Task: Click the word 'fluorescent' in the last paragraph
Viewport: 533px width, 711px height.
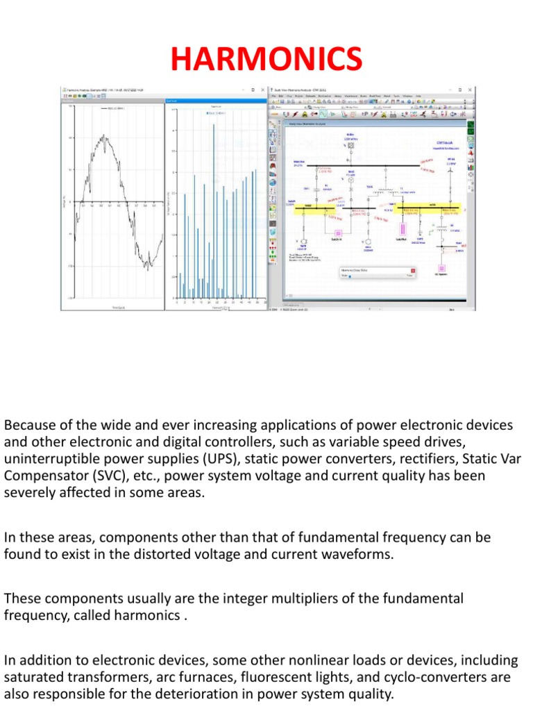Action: tap(272, 676)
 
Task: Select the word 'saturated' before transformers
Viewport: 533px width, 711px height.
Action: tap(29, 676)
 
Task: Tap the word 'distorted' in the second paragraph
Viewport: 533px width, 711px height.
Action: tap(177, 555)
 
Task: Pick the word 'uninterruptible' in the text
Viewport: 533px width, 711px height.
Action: tap(46, 459)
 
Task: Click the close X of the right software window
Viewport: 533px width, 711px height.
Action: tap(472, 90)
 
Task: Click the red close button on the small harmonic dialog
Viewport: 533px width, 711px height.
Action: tap(413, 269)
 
